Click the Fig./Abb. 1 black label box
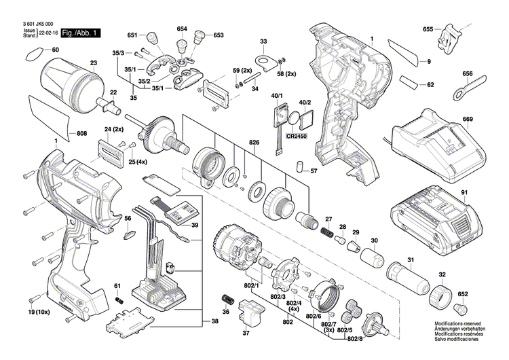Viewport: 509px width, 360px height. click(x=81, y=33)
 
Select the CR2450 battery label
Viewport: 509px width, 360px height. click(x=297, y=137)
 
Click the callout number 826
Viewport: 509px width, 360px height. click(x=254, y=143)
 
